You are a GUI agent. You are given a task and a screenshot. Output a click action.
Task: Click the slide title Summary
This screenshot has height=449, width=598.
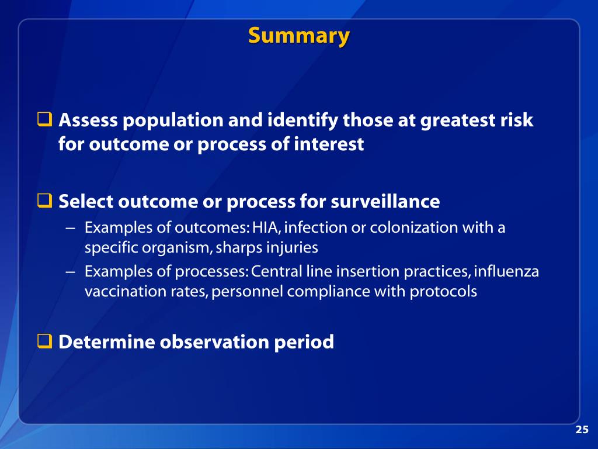[x=298, y=36]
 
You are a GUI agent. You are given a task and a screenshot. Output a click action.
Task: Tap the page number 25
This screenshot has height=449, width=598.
[x=582, y=430]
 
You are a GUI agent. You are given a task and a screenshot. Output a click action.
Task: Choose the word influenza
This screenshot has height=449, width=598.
[x=507, y=272]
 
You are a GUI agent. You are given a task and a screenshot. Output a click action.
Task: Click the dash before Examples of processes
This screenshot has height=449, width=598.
[x=70, y=272]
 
